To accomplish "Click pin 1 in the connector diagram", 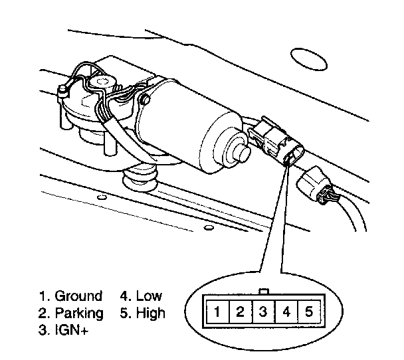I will [x=217, y=311].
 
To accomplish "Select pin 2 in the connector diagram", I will [x=240, y=311].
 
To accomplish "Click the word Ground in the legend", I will [x=78, y=296].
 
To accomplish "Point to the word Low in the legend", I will [x=149, y=296].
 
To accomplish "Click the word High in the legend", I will [x=151, y=312].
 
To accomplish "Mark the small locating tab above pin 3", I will [x=263, y=292].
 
